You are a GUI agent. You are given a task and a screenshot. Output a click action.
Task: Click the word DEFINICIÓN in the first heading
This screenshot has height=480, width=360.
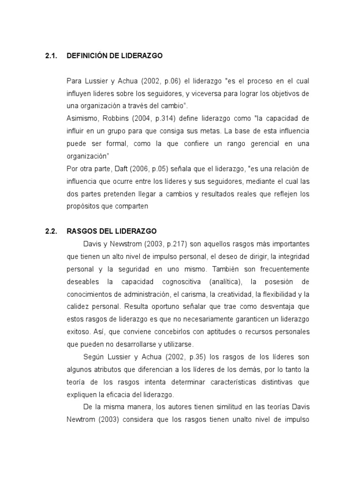coord(87,56)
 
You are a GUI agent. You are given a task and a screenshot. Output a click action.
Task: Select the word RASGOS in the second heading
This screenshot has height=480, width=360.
coord(80,231)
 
